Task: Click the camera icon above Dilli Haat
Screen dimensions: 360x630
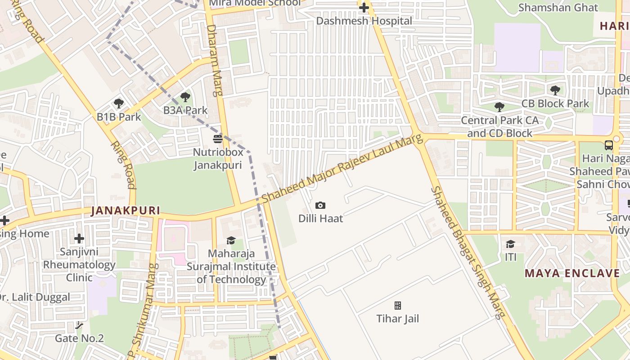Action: [x=320, y=206]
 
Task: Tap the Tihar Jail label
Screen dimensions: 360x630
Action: [x=397, y=319]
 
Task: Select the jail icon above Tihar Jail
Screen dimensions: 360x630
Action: [x=398, y=306]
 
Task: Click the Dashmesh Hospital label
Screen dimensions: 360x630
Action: [x=364, y=21]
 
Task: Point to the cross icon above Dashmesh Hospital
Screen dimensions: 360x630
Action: [x=364, y=8]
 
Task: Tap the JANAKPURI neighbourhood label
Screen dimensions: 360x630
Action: [x=126, y=210]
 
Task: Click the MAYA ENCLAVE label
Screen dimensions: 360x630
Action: [x=572, y=273]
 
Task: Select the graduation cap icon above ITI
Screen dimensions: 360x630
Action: [x=510, y=244]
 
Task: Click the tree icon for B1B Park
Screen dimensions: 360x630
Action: [x=119, y=103]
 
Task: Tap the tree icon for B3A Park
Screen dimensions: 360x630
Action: [x=185, y=97]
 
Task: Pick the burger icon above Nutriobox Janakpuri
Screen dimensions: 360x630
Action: [x=218, y=139]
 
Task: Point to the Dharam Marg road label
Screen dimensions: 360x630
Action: [x=215, y=60]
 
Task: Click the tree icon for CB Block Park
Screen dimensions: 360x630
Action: [x=555, y=90]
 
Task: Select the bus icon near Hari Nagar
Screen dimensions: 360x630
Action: [x=608, y=145]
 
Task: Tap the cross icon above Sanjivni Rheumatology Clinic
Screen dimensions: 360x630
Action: [x=79, y=238]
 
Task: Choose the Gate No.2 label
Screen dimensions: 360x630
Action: [x=79, y=338]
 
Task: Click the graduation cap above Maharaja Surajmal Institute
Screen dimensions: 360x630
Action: [x=231, y=241]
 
